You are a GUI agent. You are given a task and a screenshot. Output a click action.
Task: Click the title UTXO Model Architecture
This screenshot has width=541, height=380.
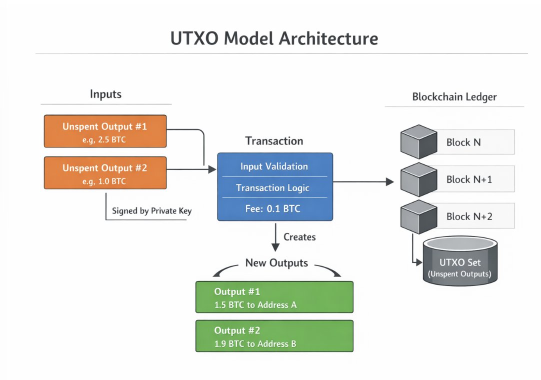274,38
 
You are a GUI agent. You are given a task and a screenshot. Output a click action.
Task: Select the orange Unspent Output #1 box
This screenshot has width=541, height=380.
104,131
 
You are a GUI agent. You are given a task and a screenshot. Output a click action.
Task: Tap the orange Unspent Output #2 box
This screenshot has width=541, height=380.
104,173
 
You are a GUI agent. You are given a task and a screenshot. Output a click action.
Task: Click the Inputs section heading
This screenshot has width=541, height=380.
105,94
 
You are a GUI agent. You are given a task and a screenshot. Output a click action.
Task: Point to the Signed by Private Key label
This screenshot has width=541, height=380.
151,211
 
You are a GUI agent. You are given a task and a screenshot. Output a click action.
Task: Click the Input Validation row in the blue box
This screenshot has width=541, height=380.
274,166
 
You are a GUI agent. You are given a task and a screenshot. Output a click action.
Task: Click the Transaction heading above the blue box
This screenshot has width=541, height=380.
274,141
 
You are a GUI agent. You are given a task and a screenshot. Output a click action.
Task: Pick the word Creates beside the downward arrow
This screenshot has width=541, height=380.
299,237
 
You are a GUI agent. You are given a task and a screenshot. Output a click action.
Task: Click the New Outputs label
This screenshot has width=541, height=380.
276,263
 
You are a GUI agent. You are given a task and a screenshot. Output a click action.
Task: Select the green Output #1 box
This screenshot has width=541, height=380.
274,297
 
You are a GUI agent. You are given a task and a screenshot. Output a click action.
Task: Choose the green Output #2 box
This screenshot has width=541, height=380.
274,336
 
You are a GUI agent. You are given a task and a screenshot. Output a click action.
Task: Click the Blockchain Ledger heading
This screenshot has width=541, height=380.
454,97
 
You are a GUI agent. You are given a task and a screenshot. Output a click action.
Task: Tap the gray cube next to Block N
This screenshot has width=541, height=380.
419,141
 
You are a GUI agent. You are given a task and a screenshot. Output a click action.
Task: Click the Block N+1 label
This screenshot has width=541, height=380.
469,179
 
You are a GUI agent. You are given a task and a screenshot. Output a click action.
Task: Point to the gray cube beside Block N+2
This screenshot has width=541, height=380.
419,215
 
